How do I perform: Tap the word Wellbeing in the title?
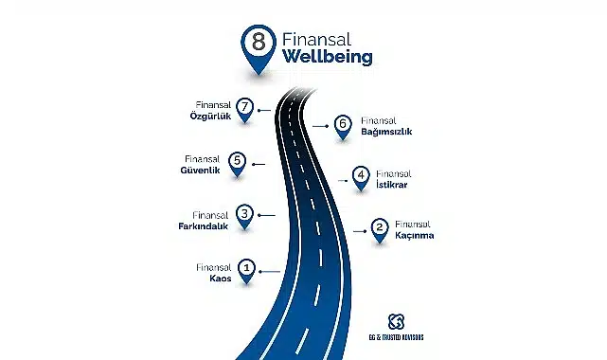pyautogui.click(x=327, y=58)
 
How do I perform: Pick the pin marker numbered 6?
pyautogui.click(x=342, y=124)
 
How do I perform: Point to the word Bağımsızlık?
pyautogui.click(x=385, y=133)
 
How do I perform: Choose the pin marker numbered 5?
pyautogui.click(x=237, y=162)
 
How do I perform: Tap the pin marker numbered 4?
pyautogui.click(x=360, y=176)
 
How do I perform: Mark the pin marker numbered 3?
pyautogui.click(x=244, y=216)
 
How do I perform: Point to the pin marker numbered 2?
pyautogui.click(x=379, y=227)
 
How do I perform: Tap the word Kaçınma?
pyautogui.click(x=414, y=236)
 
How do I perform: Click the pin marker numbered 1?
pyautogui.click(x=246, y=270)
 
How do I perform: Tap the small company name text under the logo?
pyautogui.click(x=397, y=337)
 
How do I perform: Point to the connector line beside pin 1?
pyautogui.click(x=269, y=272)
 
